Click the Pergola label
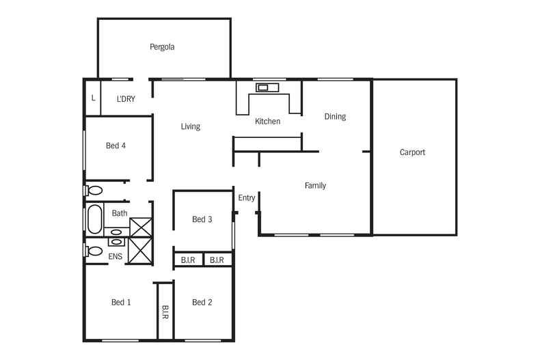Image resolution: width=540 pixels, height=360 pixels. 162,47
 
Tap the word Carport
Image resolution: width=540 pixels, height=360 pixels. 412,152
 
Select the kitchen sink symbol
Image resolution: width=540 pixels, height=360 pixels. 263,87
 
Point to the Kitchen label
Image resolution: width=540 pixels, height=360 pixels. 267,122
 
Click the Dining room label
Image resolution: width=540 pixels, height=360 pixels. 335,116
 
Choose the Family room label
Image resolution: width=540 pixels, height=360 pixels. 315,185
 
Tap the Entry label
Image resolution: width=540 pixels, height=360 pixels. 247,198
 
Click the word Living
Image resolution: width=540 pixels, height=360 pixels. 190,126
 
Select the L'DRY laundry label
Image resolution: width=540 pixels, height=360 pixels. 126,99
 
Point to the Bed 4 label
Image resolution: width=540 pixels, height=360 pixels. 116,146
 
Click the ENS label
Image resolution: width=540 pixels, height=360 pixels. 116,256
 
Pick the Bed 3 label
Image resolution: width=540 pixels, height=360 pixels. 202,219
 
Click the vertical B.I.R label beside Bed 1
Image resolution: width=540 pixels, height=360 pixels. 165,312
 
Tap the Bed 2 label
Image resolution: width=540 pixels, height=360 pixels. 202,302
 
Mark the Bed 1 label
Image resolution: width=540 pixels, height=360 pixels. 121,302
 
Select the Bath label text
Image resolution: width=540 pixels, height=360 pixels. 120,213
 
